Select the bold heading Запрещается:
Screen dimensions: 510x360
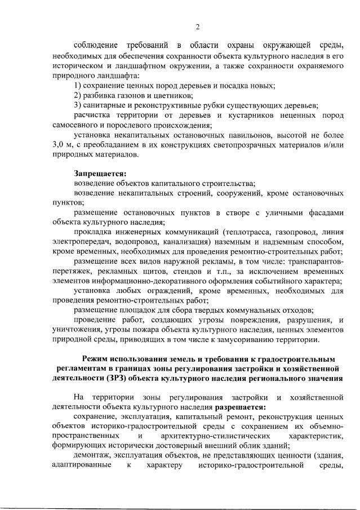coord(100,174)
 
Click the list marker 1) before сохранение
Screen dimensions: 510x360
coord(78,86)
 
